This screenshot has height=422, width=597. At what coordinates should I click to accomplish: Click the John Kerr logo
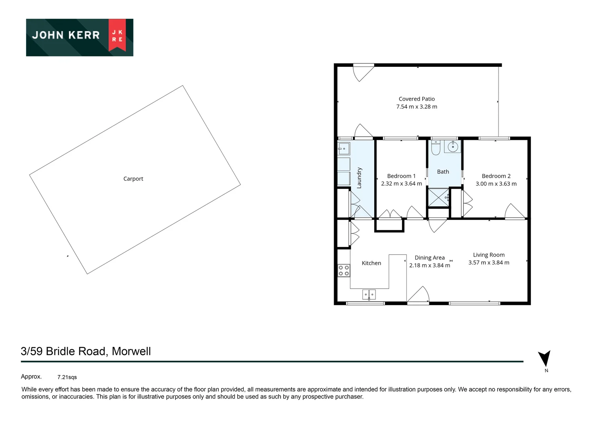coord(79,37)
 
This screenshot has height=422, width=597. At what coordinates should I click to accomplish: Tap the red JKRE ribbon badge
coord(117,35)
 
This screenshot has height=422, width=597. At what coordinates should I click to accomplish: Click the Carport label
coord(133,179)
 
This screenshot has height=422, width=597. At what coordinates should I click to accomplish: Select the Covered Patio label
coord(416,99)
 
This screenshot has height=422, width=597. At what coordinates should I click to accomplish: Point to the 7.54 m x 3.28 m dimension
coord(416,107)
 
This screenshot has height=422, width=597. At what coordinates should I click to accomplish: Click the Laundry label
coord(359,178)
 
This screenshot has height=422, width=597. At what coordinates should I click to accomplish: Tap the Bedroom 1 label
coord(401,176)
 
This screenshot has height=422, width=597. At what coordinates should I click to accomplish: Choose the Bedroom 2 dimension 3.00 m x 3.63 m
coord(496,184)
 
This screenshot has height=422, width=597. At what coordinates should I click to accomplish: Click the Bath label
coord(443,172)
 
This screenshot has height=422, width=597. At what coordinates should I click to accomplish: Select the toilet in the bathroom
coord(436,148)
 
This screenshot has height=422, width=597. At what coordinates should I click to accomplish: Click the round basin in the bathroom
coord(452,147)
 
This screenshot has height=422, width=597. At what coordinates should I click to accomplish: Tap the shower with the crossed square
coord(438,198)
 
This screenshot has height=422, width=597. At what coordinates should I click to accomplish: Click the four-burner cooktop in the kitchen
coord(344,270)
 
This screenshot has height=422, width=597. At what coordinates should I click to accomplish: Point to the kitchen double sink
coord(369,294)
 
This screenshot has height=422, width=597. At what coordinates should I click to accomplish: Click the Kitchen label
coord(371,263)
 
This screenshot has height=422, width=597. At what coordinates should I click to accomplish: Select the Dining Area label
coord(429,257)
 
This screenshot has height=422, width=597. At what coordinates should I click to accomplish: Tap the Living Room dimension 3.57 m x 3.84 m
coord(489,263)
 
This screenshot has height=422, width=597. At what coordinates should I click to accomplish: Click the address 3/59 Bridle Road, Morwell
coord(86,351)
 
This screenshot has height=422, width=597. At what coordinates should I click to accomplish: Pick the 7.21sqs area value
coord(67,377)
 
